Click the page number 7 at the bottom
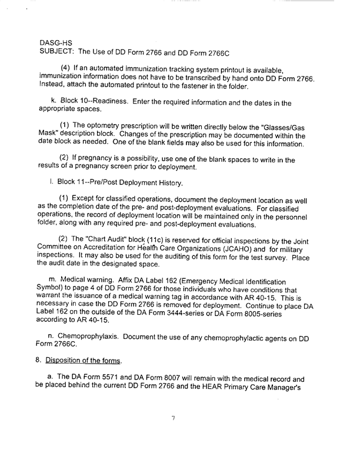point(174,418)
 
